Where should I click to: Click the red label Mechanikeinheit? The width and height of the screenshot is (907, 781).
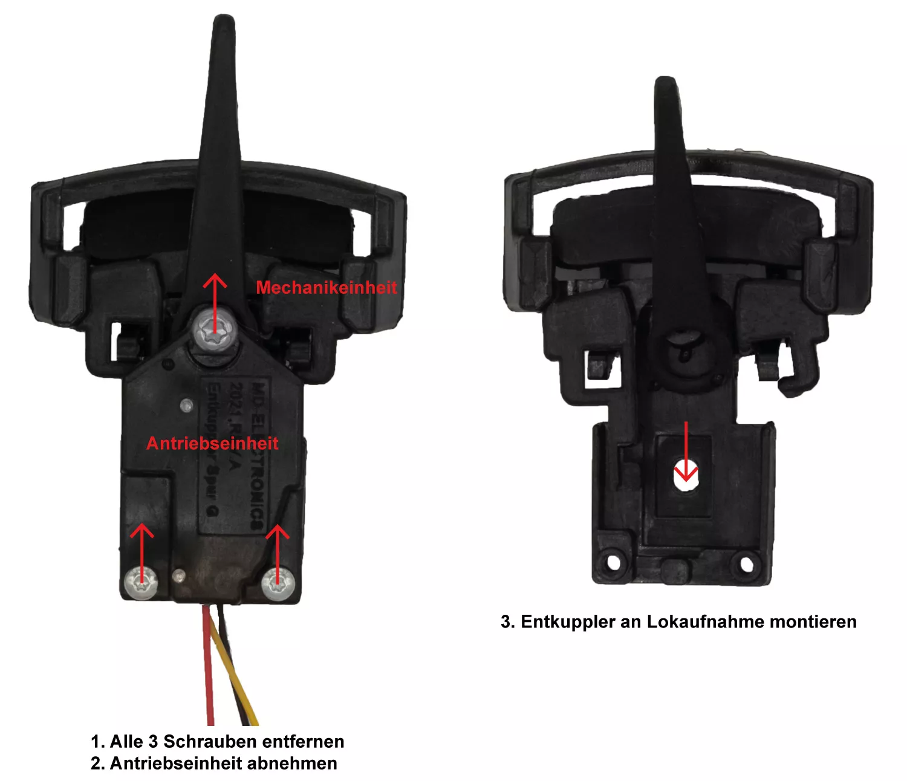[327, 288]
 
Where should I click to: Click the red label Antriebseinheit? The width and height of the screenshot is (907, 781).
[212, 444]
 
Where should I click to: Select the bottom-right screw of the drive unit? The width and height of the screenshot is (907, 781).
[278, 585]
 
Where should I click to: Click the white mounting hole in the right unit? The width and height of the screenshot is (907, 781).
[686, 478]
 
